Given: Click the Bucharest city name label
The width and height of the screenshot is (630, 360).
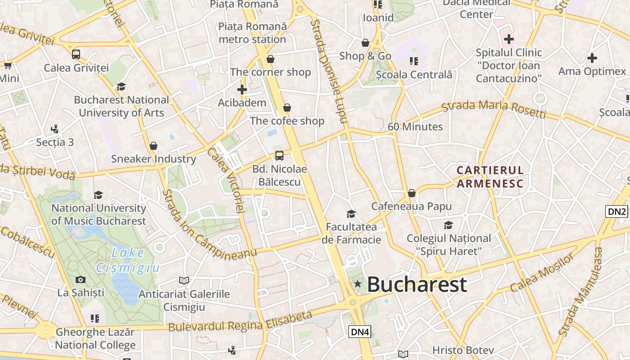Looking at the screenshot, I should [x=417, y=285].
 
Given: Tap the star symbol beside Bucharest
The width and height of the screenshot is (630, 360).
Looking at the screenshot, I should [x=357, y=284].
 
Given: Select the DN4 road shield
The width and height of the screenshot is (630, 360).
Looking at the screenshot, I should [x=360, y=332].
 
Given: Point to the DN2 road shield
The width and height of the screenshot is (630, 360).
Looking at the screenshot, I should [x=616, y=212].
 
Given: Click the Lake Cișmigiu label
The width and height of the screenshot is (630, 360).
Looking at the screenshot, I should [x=127, y=261].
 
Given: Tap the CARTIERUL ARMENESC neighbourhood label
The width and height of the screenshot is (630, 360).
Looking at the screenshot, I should [x=490, y=177].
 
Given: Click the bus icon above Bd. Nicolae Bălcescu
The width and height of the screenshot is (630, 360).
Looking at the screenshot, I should [x=279, y=156].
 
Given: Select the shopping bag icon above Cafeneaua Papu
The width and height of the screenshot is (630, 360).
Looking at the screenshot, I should [x=411, y=193].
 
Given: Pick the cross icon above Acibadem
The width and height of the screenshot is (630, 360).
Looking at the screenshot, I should [x=242, y=89].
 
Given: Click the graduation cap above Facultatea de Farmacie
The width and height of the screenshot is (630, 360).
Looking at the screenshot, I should [x=351, y=214].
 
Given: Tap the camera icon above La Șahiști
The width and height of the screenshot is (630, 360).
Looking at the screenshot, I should [x=81, y=280].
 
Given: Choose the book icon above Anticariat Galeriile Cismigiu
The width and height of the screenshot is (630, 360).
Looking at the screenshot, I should [x=184, y=281].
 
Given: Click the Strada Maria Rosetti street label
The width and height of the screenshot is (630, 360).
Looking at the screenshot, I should [x=494, y=109].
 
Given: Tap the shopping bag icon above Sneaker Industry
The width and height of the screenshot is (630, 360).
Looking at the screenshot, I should [x=153, y=146].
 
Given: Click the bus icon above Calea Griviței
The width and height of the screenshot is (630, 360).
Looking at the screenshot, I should [x=76, y=54].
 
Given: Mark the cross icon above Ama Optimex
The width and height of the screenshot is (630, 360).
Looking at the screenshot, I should [x=592, y=58].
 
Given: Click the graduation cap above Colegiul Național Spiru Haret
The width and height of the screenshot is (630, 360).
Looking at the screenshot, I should [x=448, y=225].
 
